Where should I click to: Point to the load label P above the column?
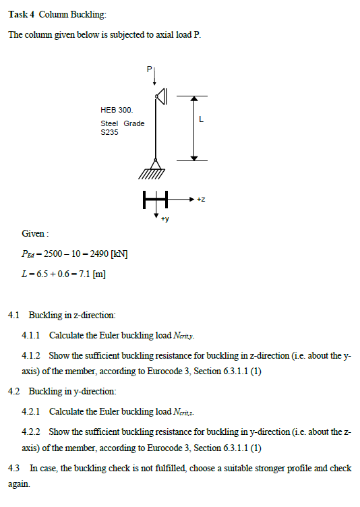tap(149, 69)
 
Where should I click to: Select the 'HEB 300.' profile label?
tap(116, 109)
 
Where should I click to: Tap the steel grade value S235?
tap(109, 133)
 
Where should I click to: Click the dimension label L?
tap(202, 120)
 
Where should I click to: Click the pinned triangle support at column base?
tap(155, 164)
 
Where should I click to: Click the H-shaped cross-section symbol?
tap(154, 199)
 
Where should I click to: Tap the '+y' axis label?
tap(164, 219)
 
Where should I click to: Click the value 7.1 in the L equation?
tap(85, 274)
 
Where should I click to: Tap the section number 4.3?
tap(14, 468)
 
